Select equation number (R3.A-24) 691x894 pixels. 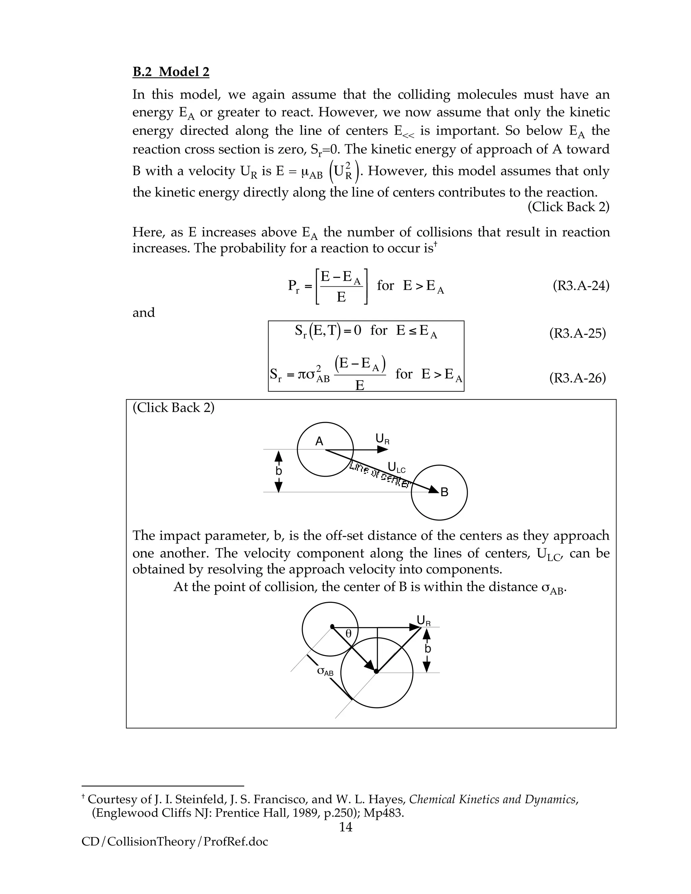click(580, 285)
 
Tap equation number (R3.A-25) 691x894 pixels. click(577, 333)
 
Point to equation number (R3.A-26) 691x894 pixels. click(577, 378)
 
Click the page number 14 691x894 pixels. click(345, 827)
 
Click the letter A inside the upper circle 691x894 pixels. click(319, 441)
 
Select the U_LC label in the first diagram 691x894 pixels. click(396, 467)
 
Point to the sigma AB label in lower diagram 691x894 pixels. click(326, 671)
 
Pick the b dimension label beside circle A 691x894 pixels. click(278, 471)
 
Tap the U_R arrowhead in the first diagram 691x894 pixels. click(383, 449)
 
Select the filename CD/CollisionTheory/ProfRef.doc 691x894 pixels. click(174, 842)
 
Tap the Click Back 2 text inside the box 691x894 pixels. click(173, 408)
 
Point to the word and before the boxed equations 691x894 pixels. click(144, 312)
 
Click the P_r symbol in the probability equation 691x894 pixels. click(294, 286)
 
